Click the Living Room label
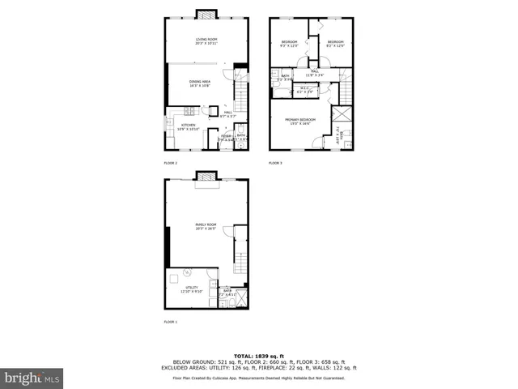[206, 41]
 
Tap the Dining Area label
[200, 83]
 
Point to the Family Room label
[206, 227]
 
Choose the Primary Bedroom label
[299, 122]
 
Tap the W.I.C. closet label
[304, 91]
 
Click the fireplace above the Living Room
[206, 14]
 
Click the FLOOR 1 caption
[170, 322]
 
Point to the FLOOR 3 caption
[276, 163]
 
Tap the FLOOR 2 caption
[170, 163]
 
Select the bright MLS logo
[32, 378]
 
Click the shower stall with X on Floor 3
[342, 114]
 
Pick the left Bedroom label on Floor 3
[290, 44]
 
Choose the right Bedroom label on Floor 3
[335, 44]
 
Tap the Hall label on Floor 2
[228, 113]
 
